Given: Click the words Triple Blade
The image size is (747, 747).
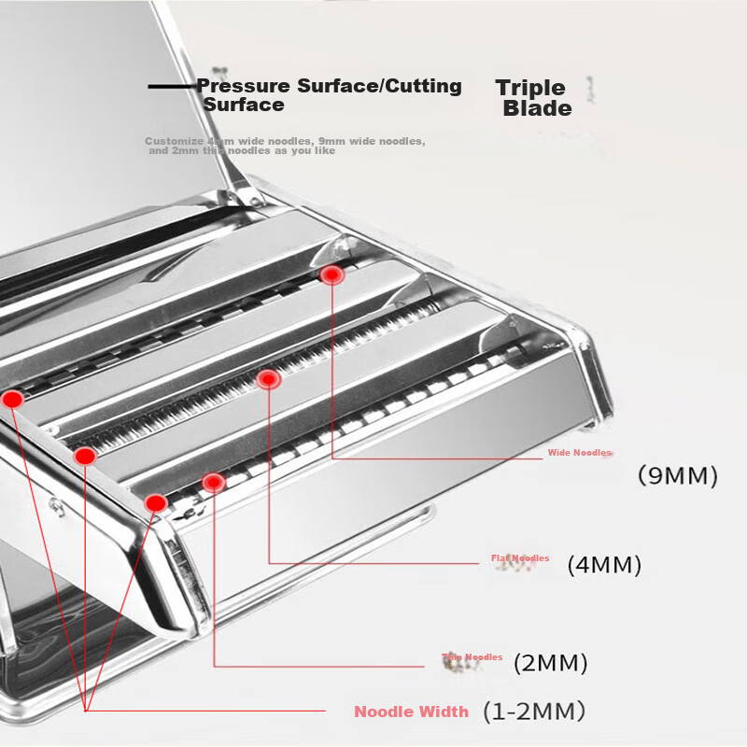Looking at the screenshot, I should (532, 97).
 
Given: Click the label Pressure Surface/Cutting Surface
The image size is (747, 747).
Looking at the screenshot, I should (329, 94).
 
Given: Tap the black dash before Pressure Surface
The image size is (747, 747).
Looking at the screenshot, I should (172, 87).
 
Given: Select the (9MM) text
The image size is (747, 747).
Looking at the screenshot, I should (677, 475).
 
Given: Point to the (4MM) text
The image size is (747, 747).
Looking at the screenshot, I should (604, 565).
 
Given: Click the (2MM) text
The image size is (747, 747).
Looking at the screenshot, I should (550, 664).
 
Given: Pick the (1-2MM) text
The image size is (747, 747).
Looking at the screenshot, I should (533, 712).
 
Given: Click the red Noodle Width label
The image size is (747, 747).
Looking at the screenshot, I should (411, 712).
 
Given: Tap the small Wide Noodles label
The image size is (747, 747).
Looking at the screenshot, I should (579, 453).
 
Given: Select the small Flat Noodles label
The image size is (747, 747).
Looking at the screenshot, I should (520, 558).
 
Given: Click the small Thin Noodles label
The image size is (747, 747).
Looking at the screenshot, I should (472, 657).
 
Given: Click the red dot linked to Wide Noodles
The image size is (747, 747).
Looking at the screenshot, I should (331, 275).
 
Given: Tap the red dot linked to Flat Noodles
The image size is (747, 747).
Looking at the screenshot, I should (268, 378).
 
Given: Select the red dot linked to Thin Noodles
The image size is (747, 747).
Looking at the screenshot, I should (214, 482).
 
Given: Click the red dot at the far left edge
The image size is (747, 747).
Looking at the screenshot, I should (12, 399).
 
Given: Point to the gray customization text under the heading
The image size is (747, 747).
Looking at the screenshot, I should (285, 145).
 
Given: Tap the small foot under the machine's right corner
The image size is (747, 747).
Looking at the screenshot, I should (588, 427).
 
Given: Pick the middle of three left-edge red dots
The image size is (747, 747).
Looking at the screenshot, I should (84, 456).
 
